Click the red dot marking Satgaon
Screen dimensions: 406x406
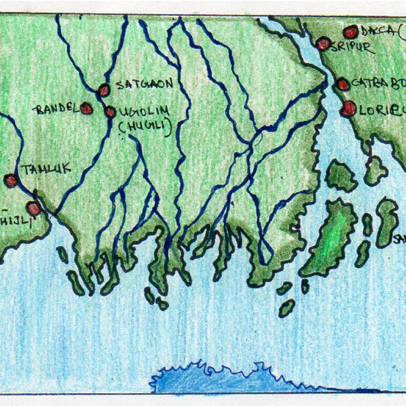pos(104,90)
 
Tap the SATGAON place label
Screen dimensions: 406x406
pos(145,84)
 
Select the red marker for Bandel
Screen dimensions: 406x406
pos(86,108)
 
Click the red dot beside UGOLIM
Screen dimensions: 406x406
pos(110,112)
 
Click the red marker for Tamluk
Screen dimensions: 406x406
pos(11,180)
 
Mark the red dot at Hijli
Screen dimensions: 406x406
pos(33,208)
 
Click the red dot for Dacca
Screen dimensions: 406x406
pos(350,32)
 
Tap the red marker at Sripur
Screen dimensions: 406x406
pos(323,44)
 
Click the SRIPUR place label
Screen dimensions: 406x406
pos(352,49)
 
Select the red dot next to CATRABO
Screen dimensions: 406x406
pos(343,84)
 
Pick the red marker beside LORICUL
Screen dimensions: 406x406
pos(349,108)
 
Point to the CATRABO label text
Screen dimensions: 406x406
pos(378,84)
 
